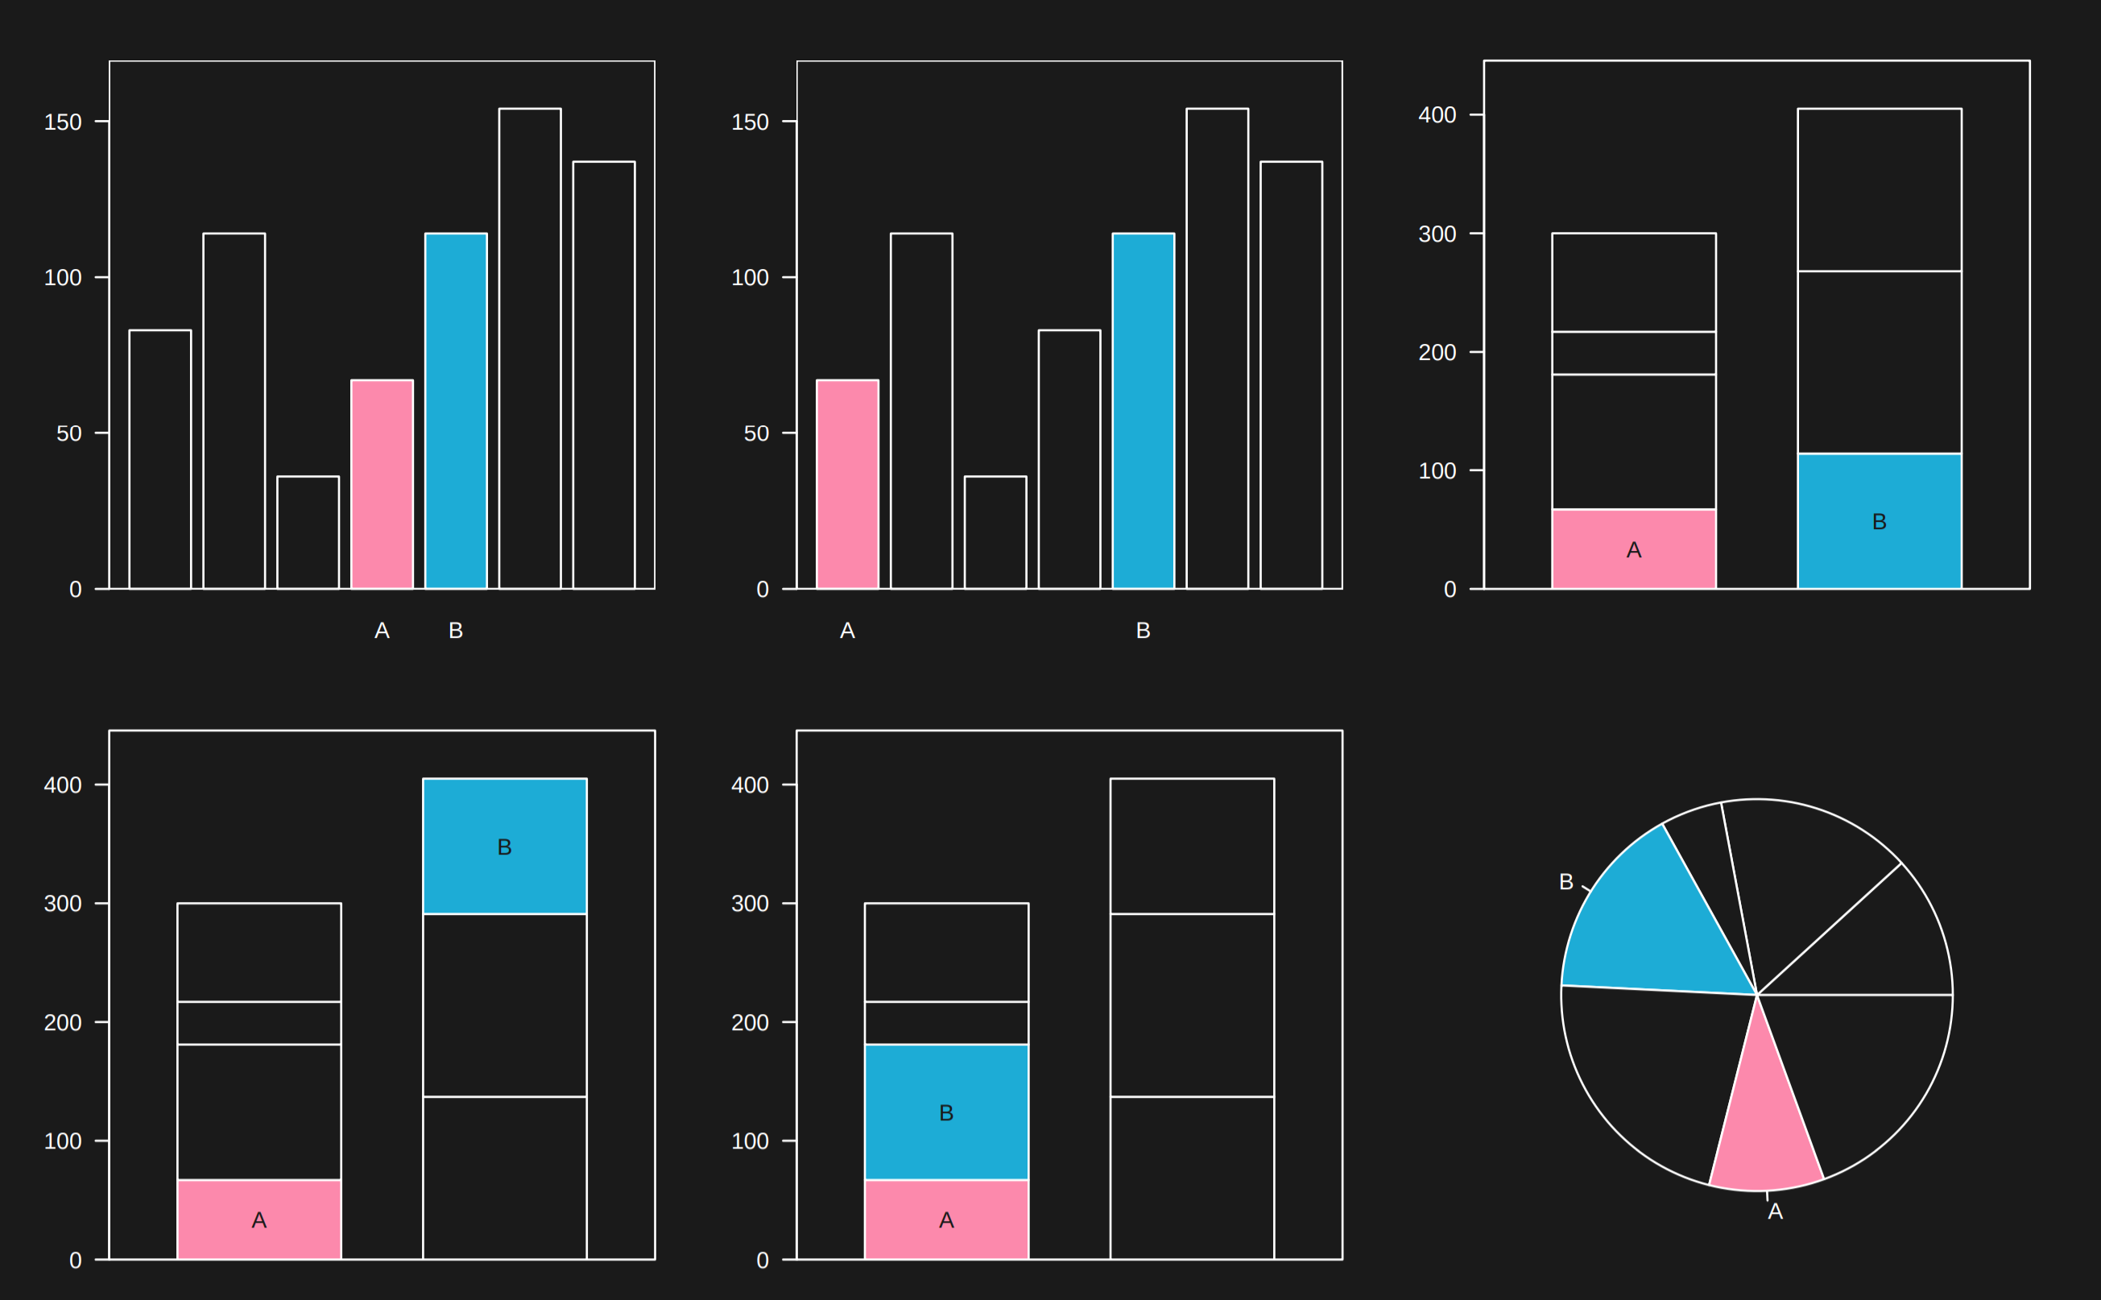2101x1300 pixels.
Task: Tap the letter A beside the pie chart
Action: pos(1775,1211)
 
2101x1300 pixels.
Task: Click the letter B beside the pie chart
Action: pos(1566,882)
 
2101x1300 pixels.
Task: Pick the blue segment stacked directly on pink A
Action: pos(945,1112)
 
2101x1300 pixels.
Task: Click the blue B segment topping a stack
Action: pos(505,846)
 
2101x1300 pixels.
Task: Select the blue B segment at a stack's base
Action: pos(1880,521)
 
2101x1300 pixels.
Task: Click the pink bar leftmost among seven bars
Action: pos(846,484)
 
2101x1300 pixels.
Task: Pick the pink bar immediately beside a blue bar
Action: pos(382,484)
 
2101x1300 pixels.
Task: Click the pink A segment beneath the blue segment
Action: pos(945,1219)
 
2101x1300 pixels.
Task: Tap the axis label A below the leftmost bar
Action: pos(846,630)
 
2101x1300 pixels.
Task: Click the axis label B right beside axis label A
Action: pos(456,630)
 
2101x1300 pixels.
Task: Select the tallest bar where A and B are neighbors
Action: pos(530,348)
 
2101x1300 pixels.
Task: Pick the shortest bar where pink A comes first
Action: pos(995,532)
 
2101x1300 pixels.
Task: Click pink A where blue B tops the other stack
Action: pos(258,1219)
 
